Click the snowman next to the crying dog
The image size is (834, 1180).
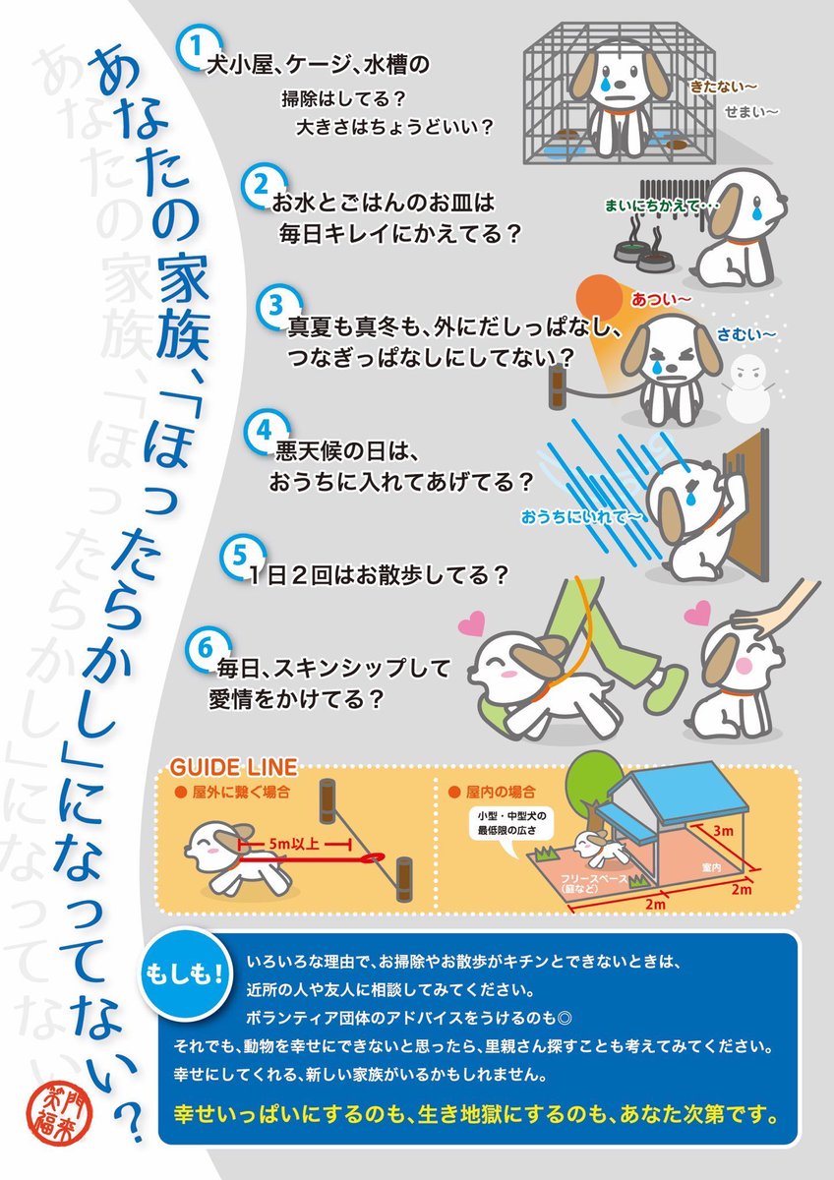750,383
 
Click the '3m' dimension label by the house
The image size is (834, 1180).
724,831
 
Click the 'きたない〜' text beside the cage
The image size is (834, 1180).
720,87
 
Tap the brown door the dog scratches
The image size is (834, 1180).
748,511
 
